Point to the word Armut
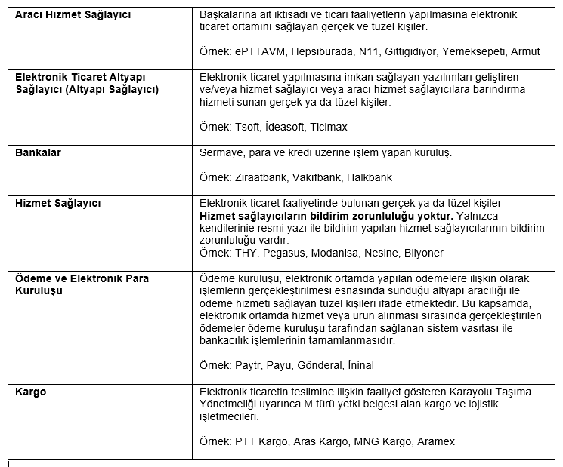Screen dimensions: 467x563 point(525,51)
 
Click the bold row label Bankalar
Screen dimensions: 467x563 point(39,152)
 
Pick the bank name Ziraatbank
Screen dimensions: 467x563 point(261,177)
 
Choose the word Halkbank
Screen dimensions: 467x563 point(369,177)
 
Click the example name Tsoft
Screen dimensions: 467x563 point(249,127)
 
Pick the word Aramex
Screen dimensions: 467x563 point(435,441)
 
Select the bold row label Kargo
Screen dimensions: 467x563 point(31,392)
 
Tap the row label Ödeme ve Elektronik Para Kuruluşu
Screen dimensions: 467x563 point(82,284)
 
